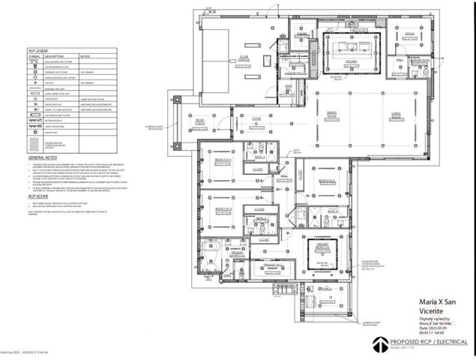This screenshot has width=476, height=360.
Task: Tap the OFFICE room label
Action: [x=410, y=34]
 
